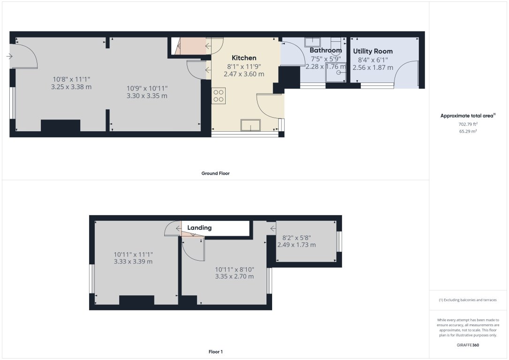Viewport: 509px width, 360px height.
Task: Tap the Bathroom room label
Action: point(326,51)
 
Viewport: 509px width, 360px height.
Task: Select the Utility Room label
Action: point(373,52)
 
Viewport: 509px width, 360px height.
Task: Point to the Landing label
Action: point(199,228)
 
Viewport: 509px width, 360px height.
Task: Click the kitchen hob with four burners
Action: point(219,96)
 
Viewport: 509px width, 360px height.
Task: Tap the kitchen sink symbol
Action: point(251,125)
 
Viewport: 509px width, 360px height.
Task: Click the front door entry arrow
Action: point(9,56)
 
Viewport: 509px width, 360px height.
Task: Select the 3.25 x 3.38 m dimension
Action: point(72,87)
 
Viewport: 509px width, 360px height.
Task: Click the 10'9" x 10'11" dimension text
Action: point(147,88)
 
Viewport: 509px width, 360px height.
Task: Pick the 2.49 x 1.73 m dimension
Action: point(296,245)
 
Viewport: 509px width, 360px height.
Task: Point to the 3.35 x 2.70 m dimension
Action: point(235,277)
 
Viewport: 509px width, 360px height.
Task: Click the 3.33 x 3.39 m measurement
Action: point(133,262)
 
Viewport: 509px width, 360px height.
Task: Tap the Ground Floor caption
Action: point(215,173)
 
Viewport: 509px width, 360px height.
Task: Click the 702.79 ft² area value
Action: point(468,125)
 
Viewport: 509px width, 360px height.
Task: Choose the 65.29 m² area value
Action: point(468,132)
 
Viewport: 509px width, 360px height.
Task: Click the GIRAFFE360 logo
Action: point(468,345)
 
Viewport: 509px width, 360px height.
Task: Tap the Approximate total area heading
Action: point(468,116)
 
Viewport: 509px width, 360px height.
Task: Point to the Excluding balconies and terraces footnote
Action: point(468,300)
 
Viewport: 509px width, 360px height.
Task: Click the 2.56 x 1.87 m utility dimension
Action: point(372,67)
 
